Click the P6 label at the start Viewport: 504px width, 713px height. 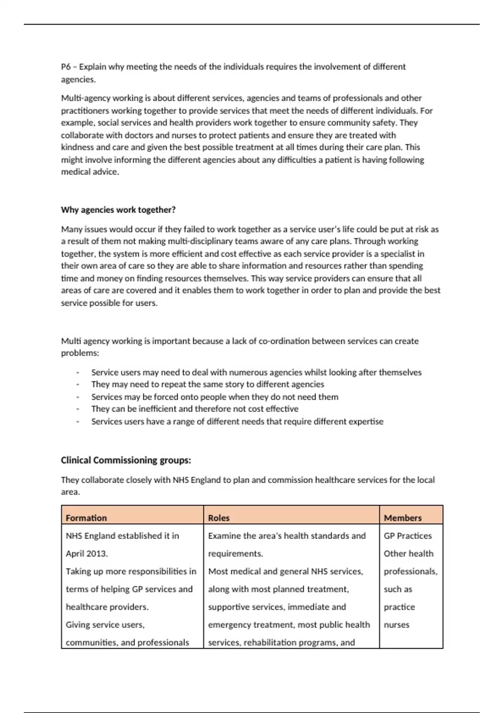coord(66,67)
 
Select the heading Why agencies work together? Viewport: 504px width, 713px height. coord(118,210)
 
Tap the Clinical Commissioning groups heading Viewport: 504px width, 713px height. coord(126,460)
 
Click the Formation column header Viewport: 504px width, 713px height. coord(86,518)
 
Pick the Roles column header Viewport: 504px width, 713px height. coord(218,518)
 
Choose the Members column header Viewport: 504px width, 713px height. coord(402,518)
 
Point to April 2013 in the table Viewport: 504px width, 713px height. coord(87,553)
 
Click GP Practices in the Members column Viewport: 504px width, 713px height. coord(407,536)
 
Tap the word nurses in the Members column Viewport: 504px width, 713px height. coord(396,625)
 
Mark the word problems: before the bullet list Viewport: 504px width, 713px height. coord(80,353)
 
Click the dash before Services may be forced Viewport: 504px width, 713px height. coord(78,397)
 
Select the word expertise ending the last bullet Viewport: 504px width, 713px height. coord(365,422)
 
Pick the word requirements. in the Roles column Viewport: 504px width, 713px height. coord(235,553)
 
